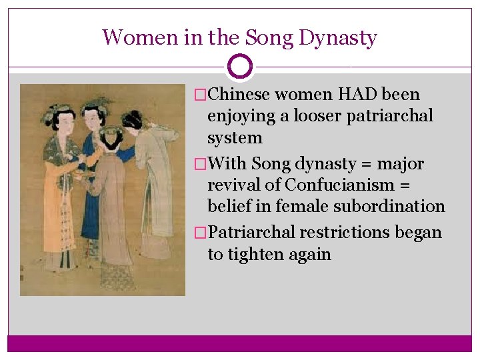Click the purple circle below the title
coord(240,67)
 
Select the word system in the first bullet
coord(235,138)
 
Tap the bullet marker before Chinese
coord(195,95)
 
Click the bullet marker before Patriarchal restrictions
coord(195,233)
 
